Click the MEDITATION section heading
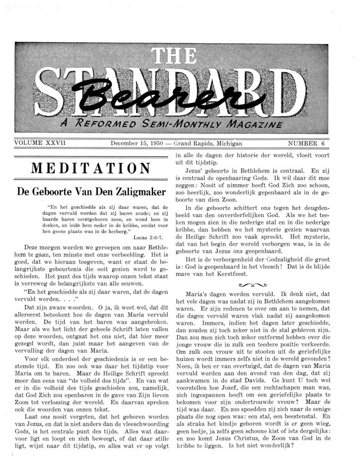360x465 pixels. [x=91, y=168]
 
